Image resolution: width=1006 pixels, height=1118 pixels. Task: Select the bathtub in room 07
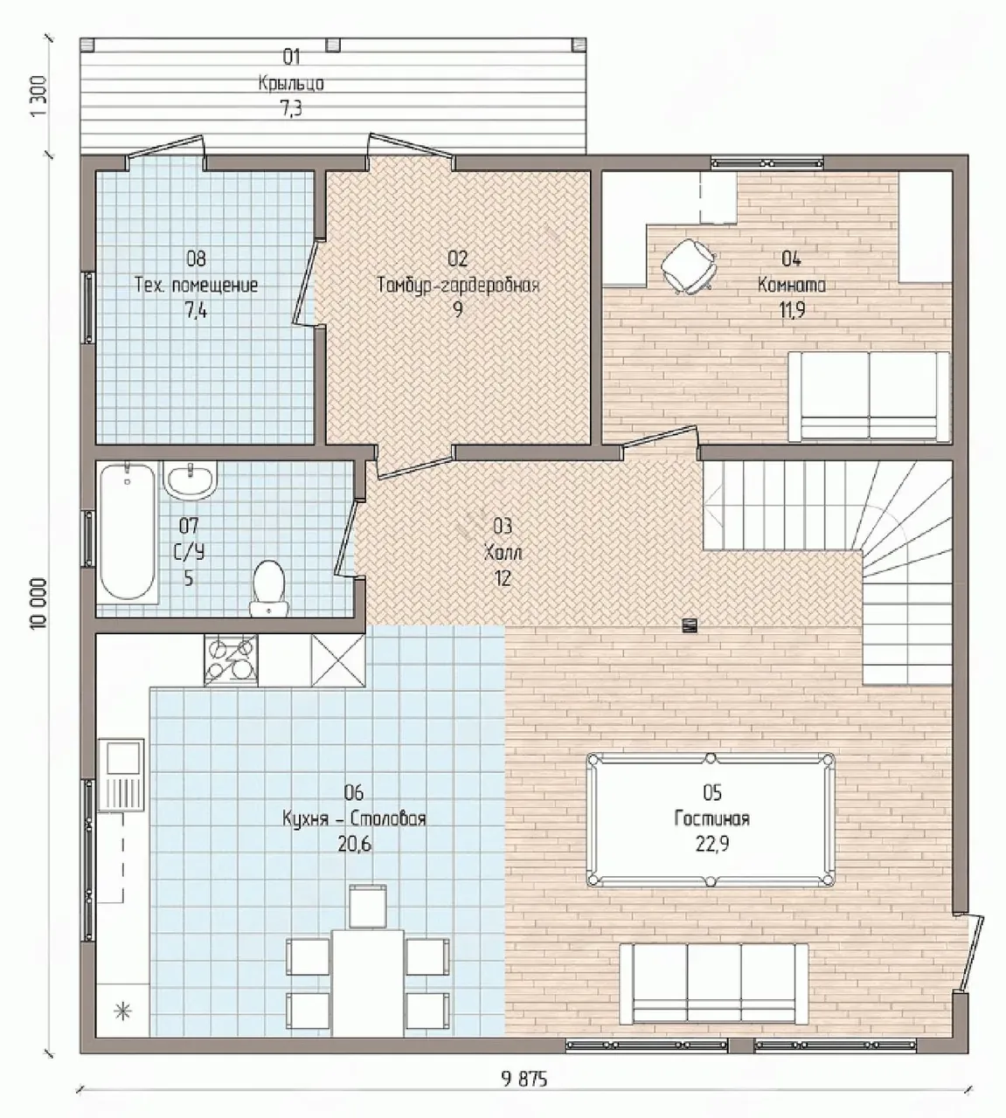pos(128,531)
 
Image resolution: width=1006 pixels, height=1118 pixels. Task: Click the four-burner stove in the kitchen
pos(231,660)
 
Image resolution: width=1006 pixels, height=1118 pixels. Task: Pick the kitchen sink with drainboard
pos(121,776)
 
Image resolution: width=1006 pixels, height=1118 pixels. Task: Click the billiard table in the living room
pos(711,819)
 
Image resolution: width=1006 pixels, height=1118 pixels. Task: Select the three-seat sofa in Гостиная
pos(714,983)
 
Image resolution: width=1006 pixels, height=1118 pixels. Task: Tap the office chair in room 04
pos(689,266)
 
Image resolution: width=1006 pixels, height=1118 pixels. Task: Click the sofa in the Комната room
pos(869,397)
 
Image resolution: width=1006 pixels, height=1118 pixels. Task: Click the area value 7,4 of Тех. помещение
pos(196,310)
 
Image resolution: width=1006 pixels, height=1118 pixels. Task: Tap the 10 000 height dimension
pos(39,604)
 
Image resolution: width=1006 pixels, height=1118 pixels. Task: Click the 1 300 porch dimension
pos(39,96)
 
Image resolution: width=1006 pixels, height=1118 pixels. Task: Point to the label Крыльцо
pos(291,84)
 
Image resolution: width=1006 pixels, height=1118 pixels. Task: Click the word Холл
pos(503,554)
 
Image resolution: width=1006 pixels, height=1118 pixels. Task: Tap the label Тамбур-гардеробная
pos(458,286)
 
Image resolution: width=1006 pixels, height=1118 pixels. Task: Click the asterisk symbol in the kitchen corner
pos(122,1011)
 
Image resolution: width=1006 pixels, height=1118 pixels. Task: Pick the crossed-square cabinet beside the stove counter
pos(338,660)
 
